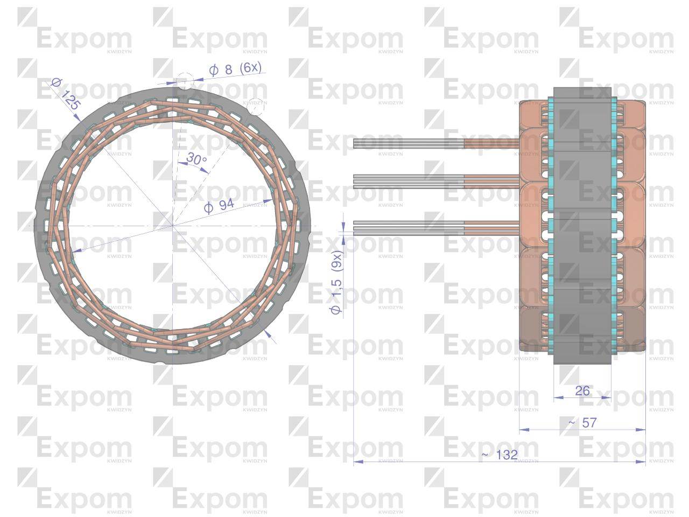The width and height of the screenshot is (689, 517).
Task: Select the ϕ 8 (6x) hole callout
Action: (235, 69)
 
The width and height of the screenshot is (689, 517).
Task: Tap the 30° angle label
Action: (196, 159)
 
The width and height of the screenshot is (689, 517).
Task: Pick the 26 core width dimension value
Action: (582, 390)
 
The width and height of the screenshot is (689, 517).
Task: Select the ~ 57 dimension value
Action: (582, 423)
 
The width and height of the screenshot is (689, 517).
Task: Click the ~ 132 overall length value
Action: (500, 455)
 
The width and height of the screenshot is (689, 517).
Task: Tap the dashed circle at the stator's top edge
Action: (184, 81)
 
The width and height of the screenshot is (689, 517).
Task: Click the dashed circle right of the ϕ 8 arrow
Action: (257, 106)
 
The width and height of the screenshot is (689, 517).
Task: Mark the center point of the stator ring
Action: (172, 225)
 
